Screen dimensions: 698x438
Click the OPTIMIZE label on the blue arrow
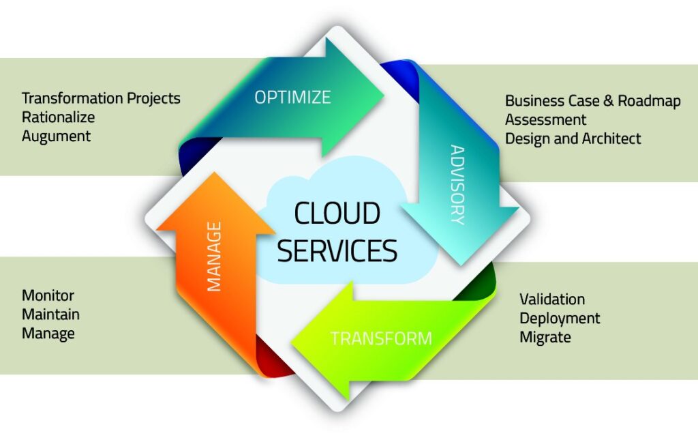pyautogui.click(x=292, y=97)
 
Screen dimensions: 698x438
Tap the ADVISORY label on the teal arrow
pyautogui.click(x=457, y=184)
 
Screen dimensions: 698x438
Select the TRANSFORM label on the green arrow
pyautogui.click(x=381, y=338)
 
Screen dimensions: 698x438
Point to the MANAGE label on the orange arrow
pyautogui.click(x=214, y=257)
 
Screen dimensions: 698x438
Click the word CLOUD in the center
pyautogui.click(x=337, y=213)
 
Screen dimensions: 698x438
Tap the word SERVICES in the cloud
pyautogui.click(x=337, y=250)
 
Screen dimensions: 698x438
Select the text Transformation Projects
pyautogui.click(x=101, y=98)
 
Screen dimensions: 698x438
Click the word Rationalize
pyautogui.click(x=59, y=117)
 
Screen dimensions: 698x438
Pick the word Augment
pyautogui.click(x=56, y=136)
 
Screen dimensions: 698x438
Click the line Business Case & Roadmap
pyautogui.click(x=593, y=101)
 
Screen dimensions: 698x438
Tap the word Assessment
pyautogui.click(x=546, y=120)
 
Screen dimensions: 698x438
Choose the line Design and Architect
pyautogui.click(x=573, y=138)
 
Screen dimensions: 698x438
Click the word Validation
pyautogui.click(x=552, y=299)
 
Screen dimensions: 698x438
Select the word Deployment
pyautogui.click(x=560, y=319)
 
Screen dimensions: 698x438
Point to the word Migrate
pyautogui.click(x=545, y=337)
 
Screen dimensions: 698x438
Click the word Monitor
pyautogui.click(x=48, y=295)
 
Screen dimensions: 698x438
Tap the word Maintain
pyautogui.click(x=50, y=315)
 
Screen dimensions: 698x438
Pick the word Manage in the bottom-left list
pyautogui.click(x=48, y=334)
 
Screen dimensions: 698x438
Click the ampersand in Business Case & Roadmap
pyautogui.click(x=608, y=101)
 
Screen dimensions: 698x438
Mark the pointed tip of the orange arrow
pyautogui.click(x=215, y=173)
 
